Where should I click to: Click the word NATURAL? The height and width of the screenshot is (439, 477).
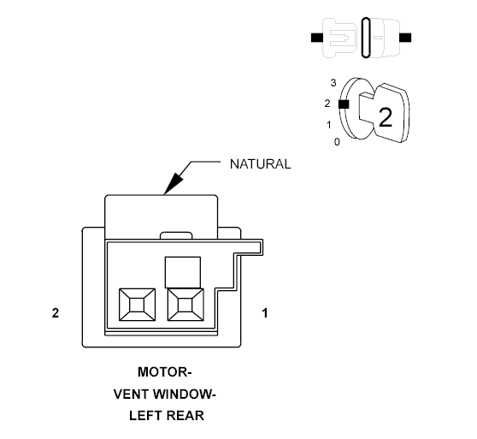pyautogui.click(x=261, y=164)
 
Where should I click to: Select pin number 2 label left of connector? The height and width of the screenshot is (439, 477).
pyautogui.click(x=56, y=313)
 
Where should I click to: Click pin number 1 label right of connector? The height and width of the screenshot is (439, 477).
pyautogui.click(x=265, y=313)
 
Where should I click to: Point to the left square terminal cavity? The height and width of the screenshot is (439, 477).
pyautogui.click(x=137, y=305)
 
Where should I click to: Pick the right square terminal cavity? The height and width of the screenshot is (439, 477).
pyautogui.click(x=185, y=305)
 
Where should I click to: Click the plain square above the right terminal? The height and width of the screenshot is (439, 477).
pyautogui.click(x=183, y=272)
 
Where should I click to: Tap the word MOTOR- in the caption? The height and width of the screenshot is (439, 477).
pyautogui.click(x=165, y=372)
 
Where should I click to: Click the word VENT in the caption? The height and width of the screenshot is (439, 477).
pyautogui.click(x=131, y=395)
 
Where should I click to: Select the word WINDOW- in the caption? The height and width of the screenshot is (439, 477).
pyautogui.click(x=185, y=395)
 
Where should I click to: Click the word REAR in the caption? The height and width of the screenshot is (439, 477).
pyautogui.click(x=185, y=416)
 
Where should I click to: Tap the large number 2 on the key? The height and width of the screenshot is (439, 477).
pyautogui.click(x=386, y=117)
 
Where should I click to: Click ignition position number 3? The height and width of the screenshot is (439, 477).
pyautogui.click(x=333, y=83)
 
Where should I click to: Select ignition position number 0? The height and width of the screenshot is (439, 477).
pyautogui.click(x=337, y=142)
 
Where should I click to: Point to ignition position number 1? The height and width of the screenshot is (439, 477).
pyautogui.click(x=329, y=125)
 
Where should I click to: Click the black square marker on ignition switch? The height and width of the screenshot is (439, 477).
pyautogui.click(x=344, y=104)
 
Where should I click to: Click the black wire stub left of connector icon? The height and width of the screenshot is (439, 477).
pyautogui.click(x=317, y=38)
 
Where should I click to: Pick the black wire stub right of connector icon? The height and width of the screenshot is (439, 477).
pyautogui.click(x=405, y=38)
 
